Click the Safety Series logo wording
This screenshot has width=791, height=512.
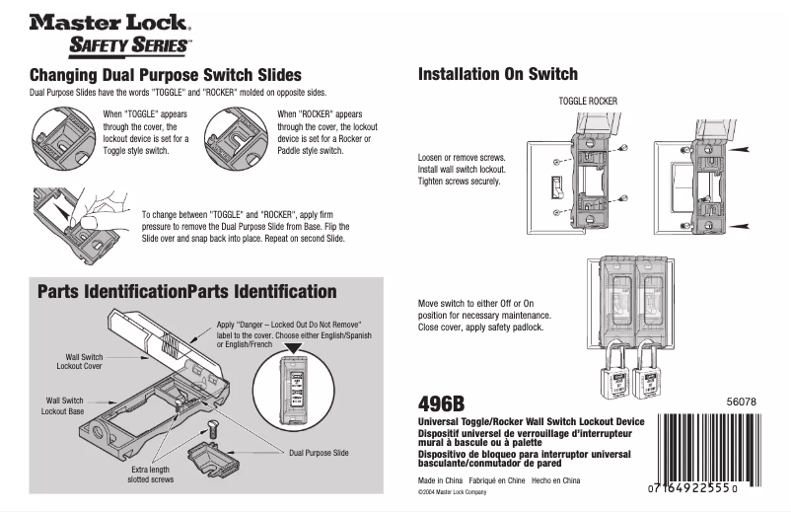click(130, 45)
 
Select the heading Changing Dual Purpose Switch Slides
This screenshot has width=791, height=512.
click(165, 75)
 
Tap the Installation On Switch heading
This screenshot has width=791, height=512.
click(497, 74)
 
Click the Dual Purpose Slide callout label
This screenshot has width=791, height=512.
click(319, 452)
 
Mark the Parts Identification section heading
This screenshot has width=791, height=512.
click(186, 291)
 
